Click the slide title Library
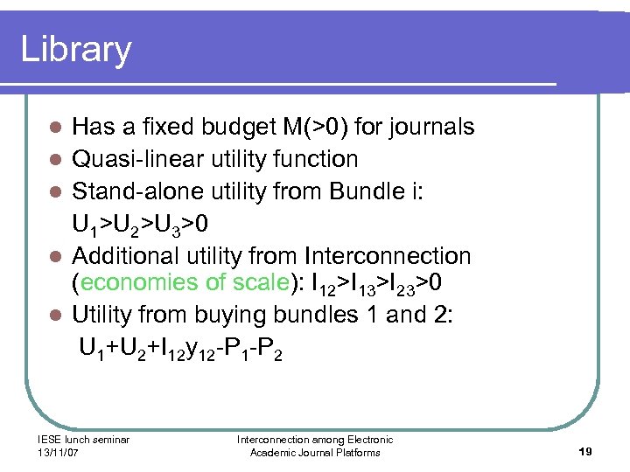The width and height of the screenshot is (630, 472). click(76, 49)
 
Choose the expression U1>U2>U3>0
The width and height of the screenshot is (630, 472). click(140, 226)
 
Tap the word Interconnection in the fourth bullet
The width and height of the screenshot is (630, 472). click(388, 256)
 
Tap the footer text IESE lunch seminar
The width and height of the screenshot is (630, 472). click(84, 440)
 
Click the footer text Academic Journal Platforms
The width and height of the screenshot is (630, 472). click(315, 453)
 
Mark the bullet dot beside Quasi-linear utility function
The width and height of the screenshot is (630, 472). click(54, 160)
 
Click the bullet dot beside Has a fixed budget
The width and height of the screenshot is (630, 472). click(54, 128)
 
